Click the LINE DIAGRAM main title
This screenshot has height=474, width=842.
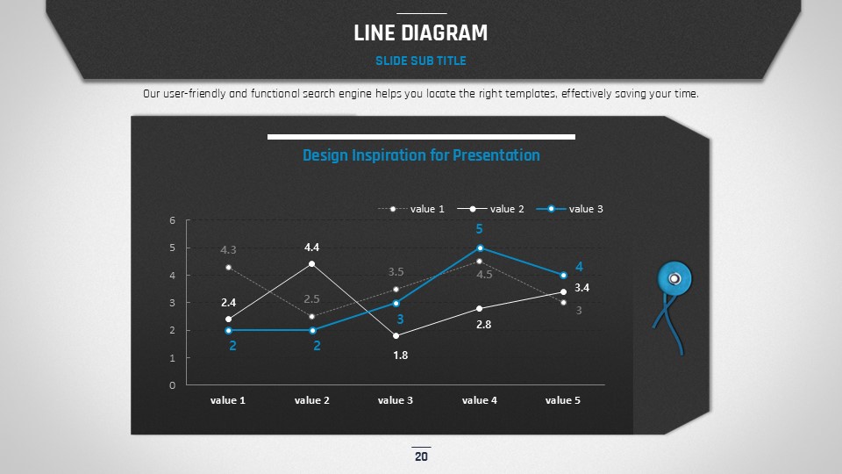[x=420, y=32]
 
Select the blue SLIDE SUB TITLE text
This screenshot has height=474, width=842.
[x=420, y=61]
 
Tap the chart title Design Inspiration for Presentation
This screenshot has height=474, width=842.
[x=421, y=155]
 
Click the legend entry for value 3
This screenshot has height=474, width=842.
[x=570, y=209]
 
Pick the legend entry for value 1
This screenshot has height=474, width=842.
[x=411, y=209]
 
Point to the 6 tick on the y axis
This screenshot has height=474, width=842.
[x=173, y=220]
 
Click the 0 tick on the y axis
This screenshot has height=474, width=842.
[x=173, y=384]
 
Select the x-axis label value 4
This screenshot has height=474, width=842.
[x=480, y=400]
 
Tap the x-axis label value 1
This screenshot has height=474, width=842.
[x=228, y=400]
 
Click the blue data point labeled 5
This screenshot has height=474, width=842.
[x=480, y=248]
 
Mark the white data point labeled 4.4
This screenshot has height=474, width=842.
[x=312, y=264]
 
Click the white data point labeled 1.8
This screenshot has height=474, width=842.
[x=396, y=336]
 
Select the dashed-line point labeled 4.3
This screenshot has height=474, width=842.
[x=229, y=267]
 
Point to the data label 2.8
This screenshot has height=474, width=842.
[x=484, y=324]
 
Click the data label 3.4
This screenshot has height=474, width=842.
[x=582, y=288]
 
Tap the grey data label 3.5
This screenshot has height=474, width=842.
[x=396, y=272]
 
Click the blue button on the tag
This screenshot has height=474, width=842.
[x=674, y=278]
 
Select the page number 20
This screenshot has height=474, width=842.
[x=421, y=456]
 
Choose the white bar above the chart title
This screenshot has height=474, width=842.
[x=421, y=137]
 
